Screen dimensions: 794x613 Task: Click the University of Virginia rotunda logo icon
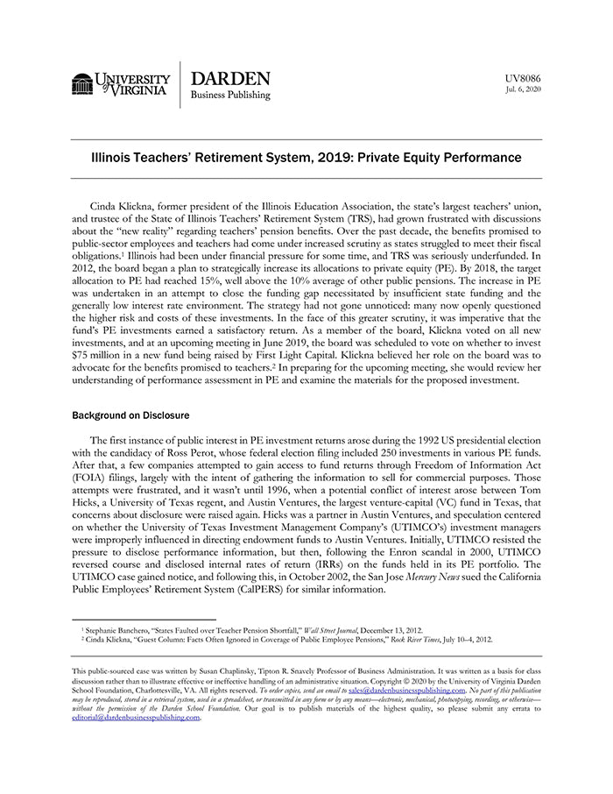[x=82, y=84]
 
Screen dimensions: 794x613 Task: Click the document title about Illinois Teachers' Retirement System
[x=306, y=158]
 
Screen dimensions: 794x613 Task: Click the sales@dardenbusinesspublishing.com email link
[x=406, y=690]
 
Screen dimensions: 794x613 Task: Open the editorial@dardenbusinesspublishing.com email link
[x=136, y=717]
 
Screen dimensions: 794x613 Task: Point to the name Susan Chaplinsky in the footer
[x=243, y=671]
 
